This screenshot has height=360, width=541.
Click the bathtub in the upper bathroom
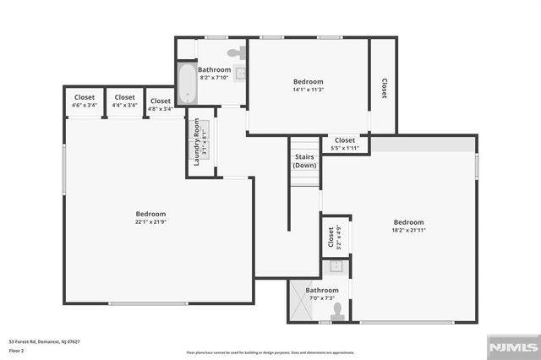(186, 84)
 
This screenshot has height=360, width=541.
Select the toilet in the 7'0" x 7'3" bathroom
(337, 309)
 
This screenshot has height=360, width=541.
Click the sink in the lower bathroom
(336, 266)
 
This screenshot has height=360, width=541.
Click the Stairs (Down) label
(304, 161)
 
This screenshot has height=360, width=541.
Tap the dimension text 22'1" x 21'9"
(151, 222)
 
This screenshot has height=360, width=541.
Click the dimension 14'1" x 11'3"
(308, 89)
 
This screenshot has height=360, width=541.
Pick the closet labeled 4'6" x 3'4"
(85, 101)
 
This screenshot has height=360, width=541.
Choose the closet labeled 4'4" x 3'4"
(124, 101)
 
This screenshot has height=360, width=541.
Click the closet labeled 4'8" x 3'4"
(161, 104)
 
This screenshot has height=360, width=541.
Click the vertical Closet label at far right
(383, 89)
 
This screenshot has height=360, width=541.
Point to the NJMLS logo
(511, 346)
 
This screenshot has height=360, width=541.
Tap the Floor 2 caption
(17, 350)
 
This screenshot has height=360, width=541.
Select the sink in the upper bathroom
(240, 74)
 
